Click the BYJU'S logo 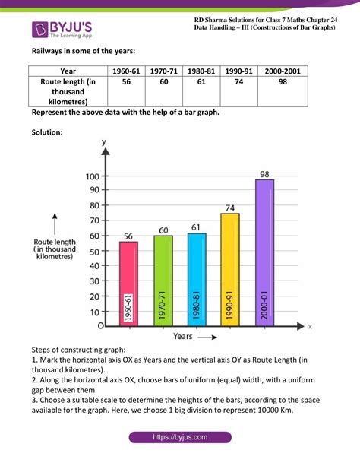click(61, 29)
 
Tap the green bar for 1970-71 click(163, 281)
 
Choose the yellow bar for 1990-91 click(230, 270)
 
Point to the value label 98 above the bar click(264, 174)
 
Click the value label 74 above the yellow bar click(230, 208)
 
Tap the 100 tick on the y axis click(92, 177)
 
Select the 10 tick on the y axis click(94, 312)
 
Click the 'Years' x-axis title click(182, 335)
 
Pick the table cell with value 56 click(126, 82)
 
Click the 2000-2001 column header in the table click(283, 71)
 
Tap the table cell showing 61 click(201, 82)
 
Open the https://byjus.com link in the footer click(180, 439)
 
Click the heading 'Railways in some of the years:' click(84, 52)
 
